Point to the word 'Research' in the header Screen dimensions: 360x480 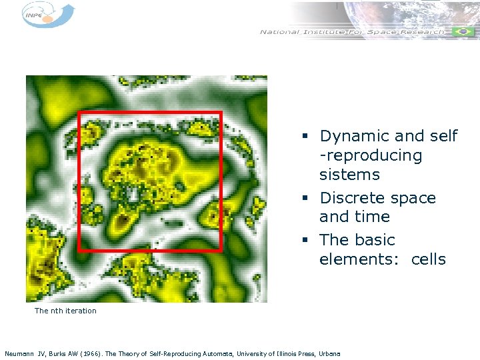(422, 32)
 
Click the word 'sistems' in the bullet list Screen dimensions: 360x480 (349, 175)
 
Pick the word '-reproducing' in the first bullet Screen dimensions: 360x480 (371, 156)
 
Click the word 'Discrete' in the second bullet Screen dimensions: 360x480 (351, 198)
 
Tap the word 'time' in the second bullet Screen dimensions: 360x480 (373, 217)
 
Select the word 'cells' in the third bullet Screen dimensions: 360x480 (428, 259)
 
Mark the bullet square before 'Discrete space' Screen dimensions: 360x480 (304, 199)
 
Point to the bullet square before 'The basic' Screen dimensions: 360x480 (304, 241)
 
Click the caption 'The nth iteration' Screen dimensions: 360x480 (65, 311)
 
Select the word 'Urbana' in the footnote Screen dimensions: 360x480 (329, 353)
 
